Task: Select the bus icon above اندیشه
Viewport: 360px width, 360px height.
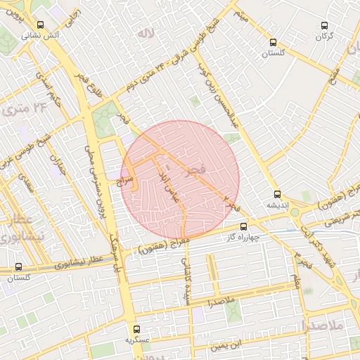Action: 276,194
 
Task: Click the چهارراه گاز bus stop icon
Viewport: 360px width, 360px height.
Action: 243,226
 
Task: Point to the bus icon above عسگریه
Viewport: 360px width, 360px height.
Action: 138,328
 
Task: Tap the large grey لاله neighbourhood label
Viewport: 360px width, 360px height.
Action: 146,33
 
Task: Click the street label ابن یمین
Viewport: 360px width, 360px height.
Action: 231,345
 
